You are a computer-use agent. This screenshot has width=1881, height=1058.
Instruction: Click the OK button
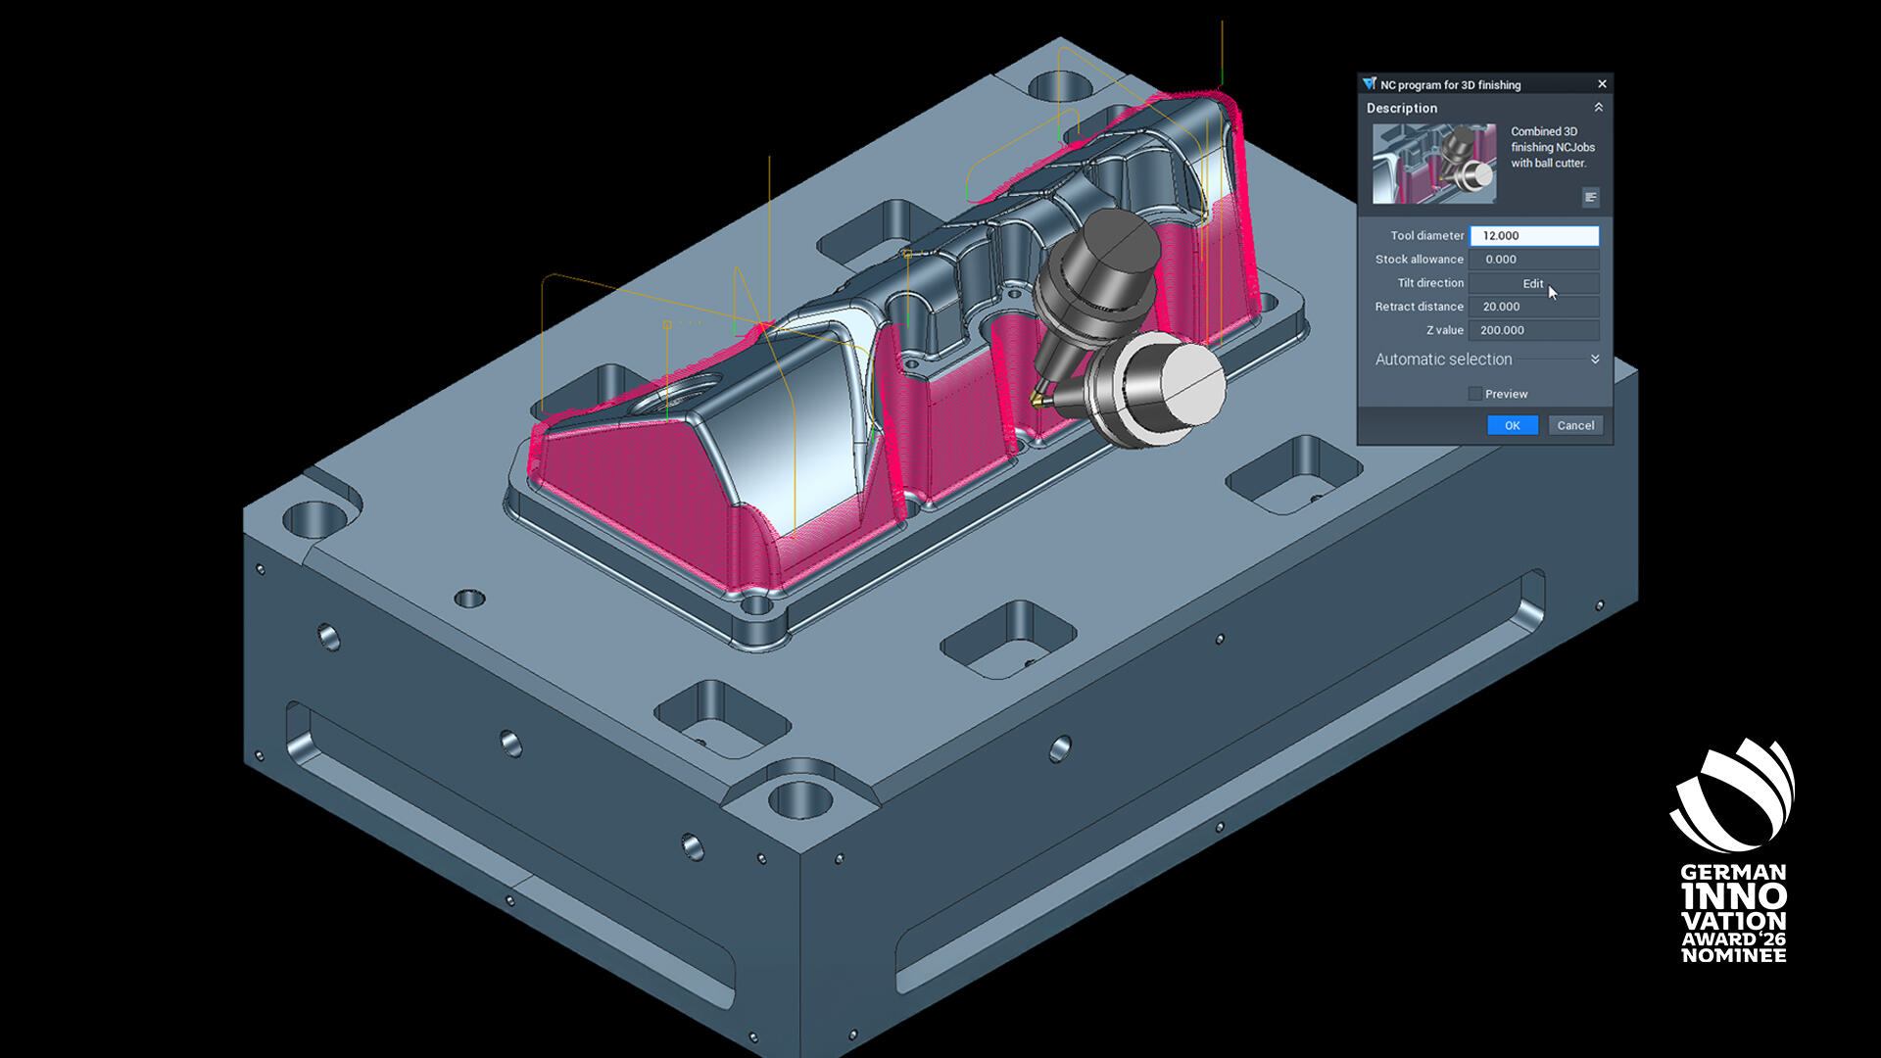click(x=1513, y=425)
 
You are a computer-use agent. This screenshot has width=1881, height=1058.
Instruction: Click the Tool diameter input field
click(x=1534, y=236)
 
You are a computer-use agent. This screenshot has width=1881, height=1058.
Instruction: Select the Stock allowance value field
click(x=1534, y=260)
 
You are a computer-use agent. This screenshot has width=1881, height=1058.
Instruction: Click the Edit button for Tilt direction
click(x=1534, y=283)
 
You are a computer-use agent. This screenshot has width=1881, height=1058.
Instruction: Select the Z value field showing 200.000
click(x=1534, y=330)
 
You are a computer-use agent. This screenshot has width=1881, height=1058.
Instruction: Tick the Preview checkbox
click(x=1474, y=394)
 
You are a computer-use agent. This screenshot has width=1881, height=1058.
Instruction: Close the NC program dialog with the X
click(x=1602, y=84)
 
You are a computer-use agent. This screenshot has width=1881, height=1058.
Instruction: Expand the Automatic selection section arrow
click(x=1595, y=360)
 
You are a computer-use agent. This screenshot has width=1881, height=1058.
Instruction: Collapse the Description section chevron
click(x=1598, y=108)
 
